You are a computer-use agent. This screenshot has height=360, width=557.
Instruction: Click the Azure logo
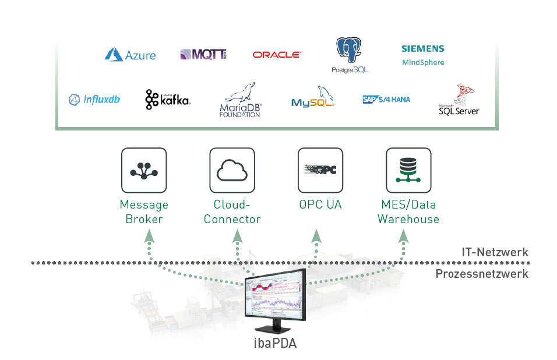tap(130, 55)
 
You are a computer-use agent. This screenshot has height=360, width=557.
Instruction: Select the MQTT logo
tap(203, 55)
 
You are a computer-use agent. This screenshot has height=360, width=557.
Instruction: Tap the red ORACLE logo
tap(277, 55)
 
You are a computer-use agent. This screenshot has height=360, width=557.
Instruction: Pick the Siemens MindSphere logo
tap(423, 55)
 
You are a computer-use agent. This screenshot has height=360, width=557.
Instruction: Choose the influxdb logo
tap(94, 99)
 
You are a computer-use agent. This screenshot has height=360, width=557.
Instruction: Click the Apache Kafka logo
tap(168, 100)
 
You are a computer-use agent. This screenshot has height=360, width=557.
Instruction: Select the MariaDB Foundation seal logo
tap(241, 100)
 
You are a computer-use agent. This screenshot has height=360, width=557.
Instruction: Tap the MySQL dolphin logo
tap(313, 98)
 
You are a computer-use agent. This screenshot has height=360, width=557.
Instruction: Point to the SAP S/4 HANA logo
tap(386, 99)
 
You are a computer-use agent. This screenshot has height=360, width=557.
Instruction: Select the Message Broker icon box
tap(144, 170)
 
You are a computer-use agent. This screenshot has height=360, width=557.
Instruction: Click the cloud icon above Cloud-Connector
tap(232, 170)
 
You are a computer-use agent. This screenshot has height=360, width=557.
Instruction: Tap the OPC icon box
tap(320, 170)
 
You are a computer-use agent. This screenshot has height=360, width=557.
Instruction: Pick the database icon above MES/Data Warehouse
tap(408, 170)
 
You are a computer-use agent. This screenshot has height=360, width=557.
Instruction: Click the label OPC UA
tap(320, 205)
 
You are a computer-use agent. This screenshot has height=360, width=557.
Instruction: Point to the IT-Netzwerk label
tap(494, 252)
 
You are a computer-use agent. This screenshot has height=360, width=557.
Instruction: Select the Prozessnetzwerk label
tap(482, 274)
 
